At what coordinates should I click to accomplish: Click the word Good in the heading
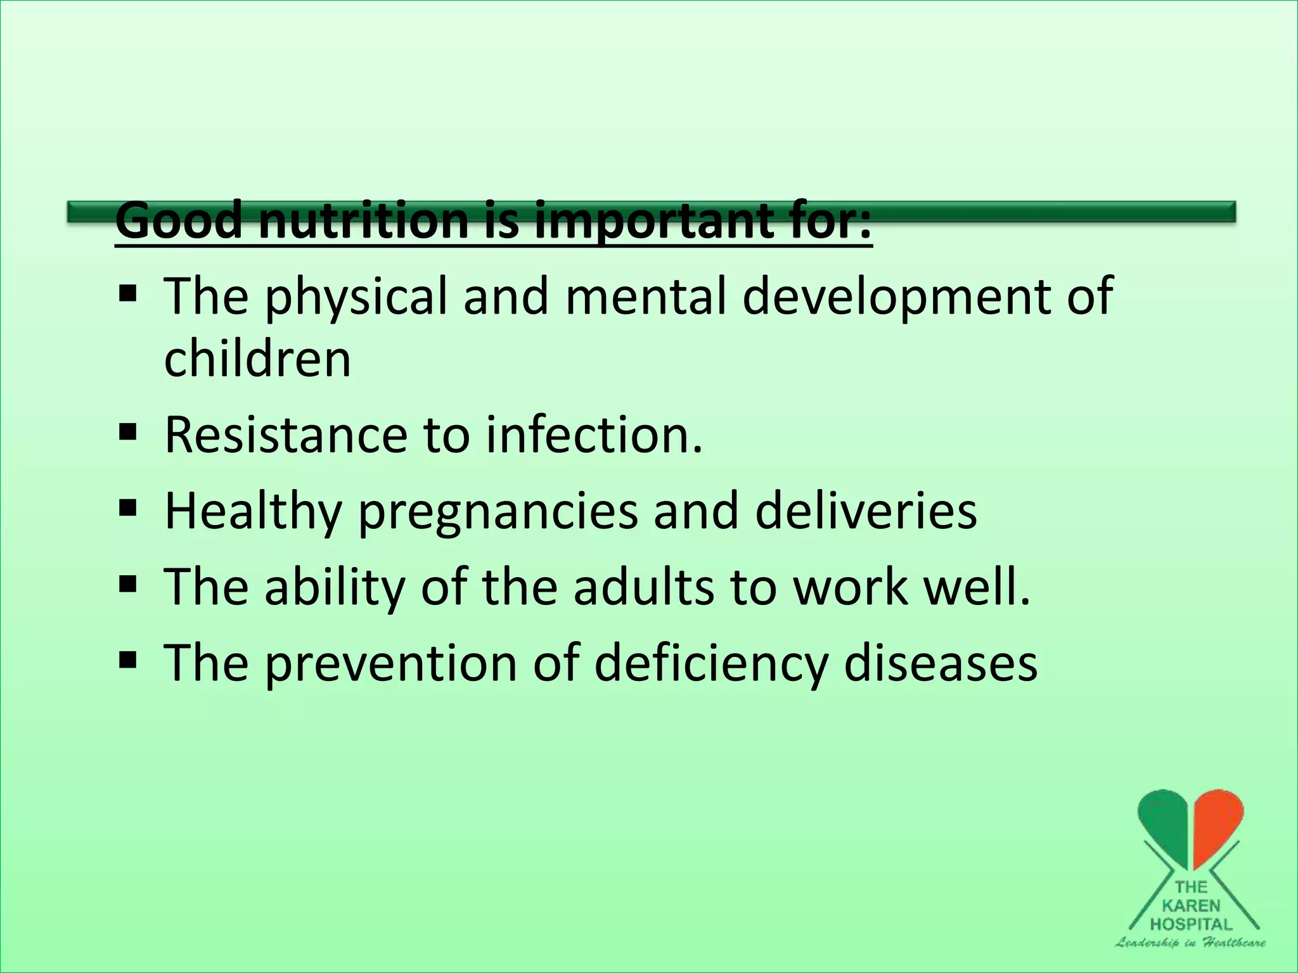click(179, 220)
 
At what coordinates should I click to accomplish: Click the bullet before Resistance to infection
click(127, 433)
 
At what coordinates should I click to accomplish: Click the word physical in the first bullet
click(356, 296)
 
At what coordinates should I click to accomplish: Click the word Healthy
click(253, 512)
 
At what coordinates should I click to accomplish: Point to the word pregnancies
click(498, 512)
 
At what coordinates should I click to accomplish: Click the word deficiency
click(710, 664)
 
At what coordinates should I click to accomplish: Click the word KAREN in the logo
click(1190, 906)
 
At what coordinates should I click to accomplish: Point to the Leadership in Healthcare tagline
click(1190, 943)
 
